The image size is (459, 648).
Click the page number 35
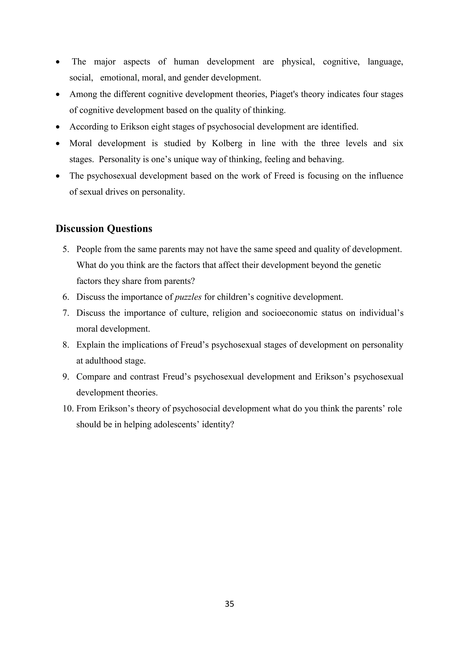point(229,604)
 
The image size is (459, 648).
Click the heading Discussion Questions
point(104,229)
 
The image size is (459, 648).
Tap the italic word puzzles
point(188,297)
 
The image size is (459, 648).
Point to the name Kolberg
point(227,143)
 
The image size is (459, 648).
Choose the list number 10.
point(68,409)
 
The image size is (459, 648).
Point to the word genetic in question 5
point(367,265)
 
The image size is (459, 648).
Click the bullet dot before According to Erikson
point(58,127)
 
